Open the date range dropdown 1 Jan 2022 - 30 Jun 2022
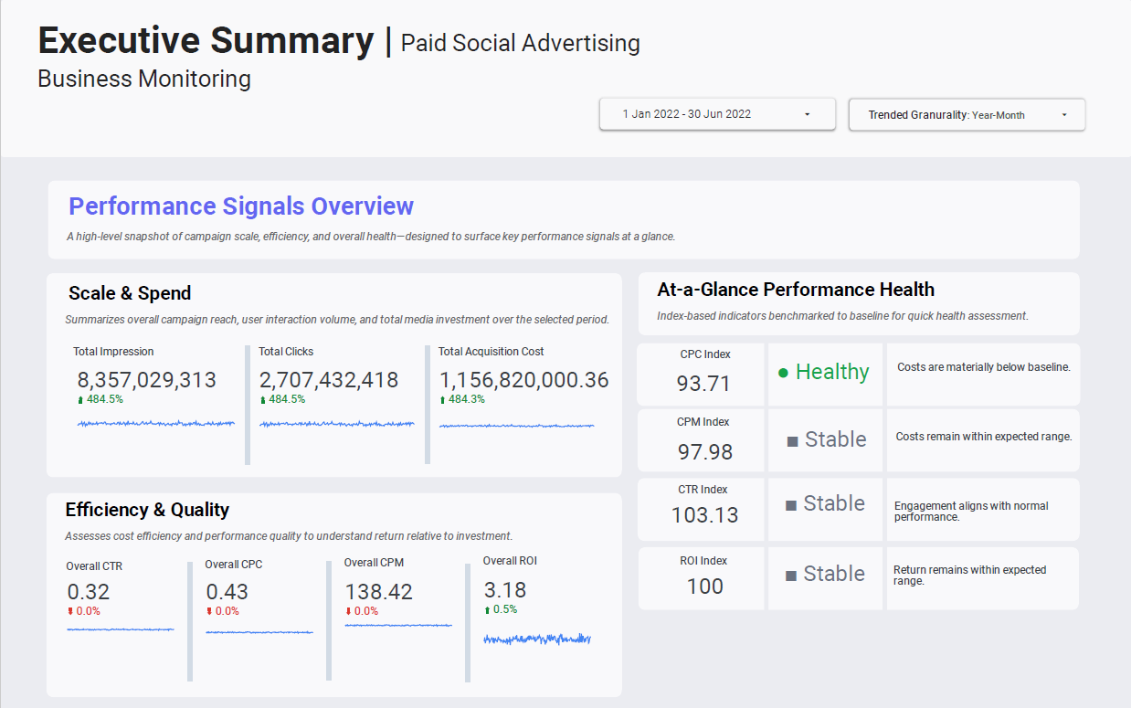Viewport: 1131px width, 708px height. [716, 114]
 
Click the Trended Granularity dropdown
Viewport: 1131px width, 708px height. [967, 115]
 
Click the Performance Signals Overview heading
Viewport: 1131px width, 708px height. [241, 206]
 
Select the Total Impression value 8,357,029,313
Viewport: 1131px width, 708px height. [146, 380]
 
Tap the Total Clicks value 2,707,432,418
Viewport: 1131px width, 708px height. [329, 380]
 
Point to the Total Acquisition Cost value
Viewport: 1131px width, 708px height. [523, 380]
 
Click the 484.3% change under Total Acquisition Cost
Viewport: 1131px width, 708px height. [467, 399]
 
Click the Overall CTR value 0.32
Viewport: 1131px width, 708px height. [88, 592]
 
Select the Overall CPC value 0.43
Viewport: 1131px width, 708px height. [227, 592]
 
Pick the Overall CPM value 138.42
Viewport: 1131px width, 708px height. [378, 591]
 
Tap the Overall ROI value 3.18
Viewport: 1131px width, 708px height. [504, 589]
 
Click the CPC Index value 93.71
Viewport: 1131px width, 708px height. [703, 384]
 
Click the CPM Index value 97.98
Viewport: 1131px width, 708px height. [704, 451]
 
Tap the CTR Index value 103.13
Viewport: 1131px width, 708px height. [704, 515]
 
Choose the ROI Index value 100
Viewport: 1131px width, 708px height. [704, 586]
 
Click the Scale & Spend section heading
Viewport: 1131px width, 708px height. [130, 293]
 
